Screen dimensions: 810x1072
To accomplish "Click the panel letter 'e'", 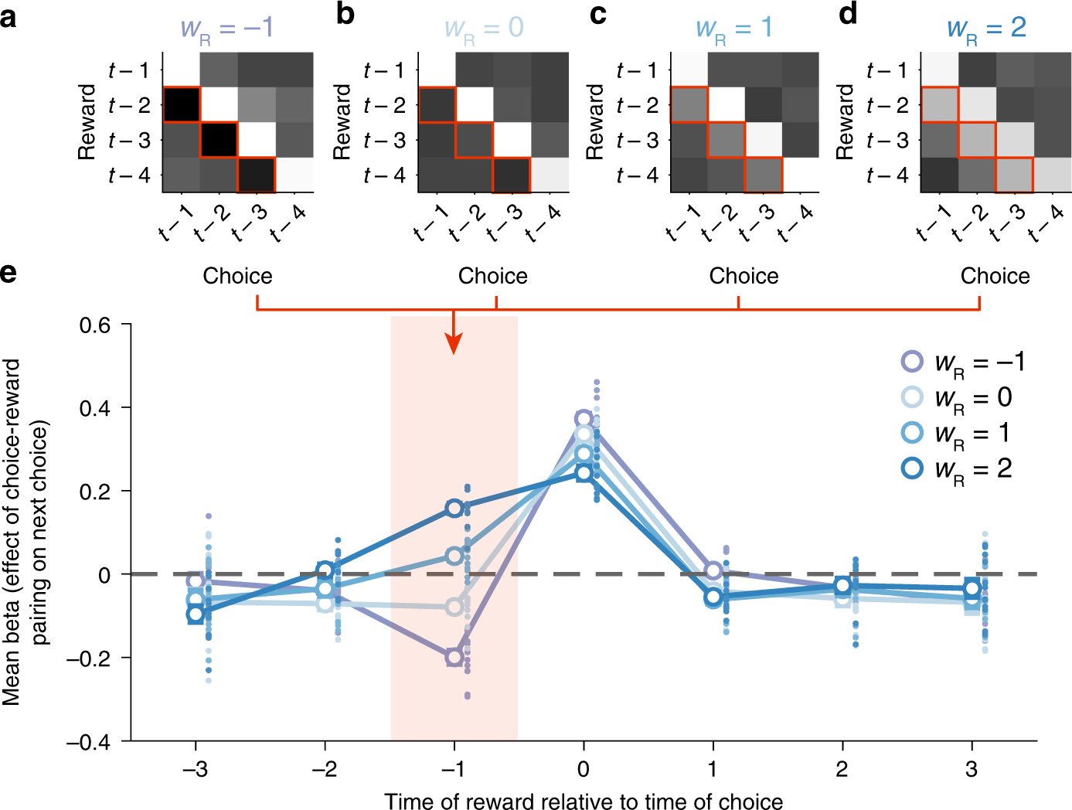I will point(9,273).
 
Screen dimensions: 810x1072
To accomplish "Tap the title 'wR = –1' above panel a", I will point(226,29).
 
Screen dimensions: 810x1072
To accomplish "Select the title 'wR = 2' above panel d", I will point(986,29).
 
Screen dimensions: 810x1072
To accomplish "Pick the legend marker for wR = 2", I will point(913,468).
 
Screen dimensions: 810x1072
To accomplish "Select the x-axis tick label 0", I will point(583,769).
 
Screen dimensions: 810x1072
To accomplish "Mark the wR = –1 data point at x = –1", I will point(454,657).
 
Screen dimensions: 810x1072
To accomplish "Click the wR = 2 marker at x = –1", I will point(454,508).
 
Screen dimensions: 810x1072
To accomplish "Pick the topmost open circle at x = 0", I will point(584,419).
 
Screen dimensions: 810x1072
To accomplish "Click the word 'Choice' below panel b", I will point(492,276).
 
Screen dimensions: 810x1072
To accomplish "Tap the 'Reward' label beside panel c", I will point(594,122).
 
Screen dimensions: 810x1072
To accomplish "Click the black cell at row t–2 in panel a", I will point(182,104).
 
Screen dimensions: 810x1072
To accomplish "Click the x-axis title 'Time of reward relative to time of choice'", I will point(584,801).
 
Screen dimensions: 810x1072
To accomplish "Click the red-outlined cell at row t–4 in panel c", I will point(764,174).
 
